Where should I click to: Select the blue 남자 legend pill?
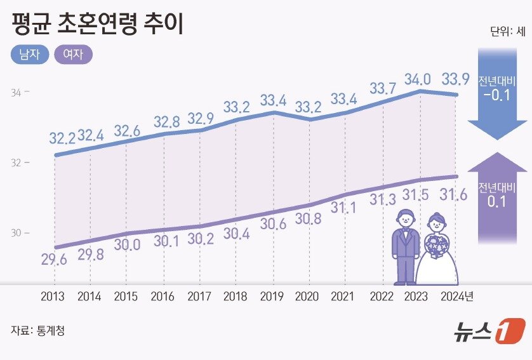30,55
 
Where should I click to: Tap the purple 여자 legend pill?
74,55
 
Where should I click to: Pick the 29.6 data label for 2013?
55,258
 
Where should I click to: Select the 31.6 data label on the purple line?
455,195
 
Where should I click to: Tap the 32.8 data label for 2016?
168,121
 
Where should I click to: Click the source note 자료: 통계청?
37,331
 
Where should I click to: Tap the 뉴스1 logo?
489,331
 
